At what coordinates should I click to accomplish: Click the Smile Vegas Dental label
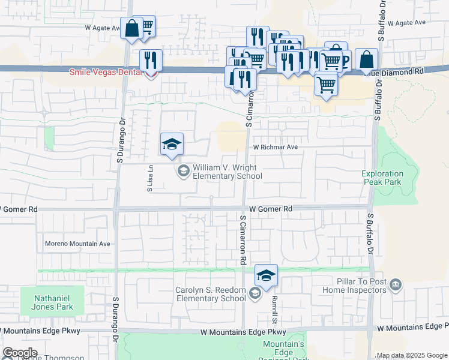(x=105, y=72)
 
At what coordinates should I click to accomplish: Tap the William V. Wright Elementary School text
(x=227, y=172)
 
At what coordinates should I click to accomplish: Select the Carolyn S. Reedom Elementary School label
(x=210, y=294)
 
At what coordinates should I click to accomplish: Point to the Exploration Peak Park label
(x=382, y=178)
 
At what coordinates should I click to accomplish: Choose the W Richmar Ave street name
(x=275, y=146)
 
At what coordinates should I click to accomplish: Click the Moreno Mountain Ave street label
(x=78, y=244)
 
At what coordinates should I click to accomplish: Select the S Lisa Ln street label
(x=150, y=178)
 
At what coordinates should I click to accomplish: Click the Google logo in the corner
(x=20, y=353)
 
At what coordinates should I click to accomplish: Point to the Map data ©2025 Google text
(x=412, y=355)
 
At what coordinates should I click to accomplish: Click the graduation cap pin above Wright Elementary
(x=172, y=145)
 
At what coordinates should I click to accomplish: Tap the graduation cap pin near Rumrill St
(x=266, y=276)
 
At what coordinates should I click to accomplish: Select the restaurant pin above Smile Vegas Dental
(x=151, y=61)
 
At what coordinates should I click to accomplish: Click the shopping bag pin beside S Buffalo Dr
(x=366, y=60)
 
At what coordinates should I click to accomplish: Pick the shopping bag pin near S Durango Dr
(x=131, y=28)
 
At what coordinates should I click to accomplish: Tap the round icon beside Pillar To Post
(x=394, y=284)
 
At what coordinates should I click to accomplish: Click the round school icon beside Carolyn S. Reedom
(x=255, y=293)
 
